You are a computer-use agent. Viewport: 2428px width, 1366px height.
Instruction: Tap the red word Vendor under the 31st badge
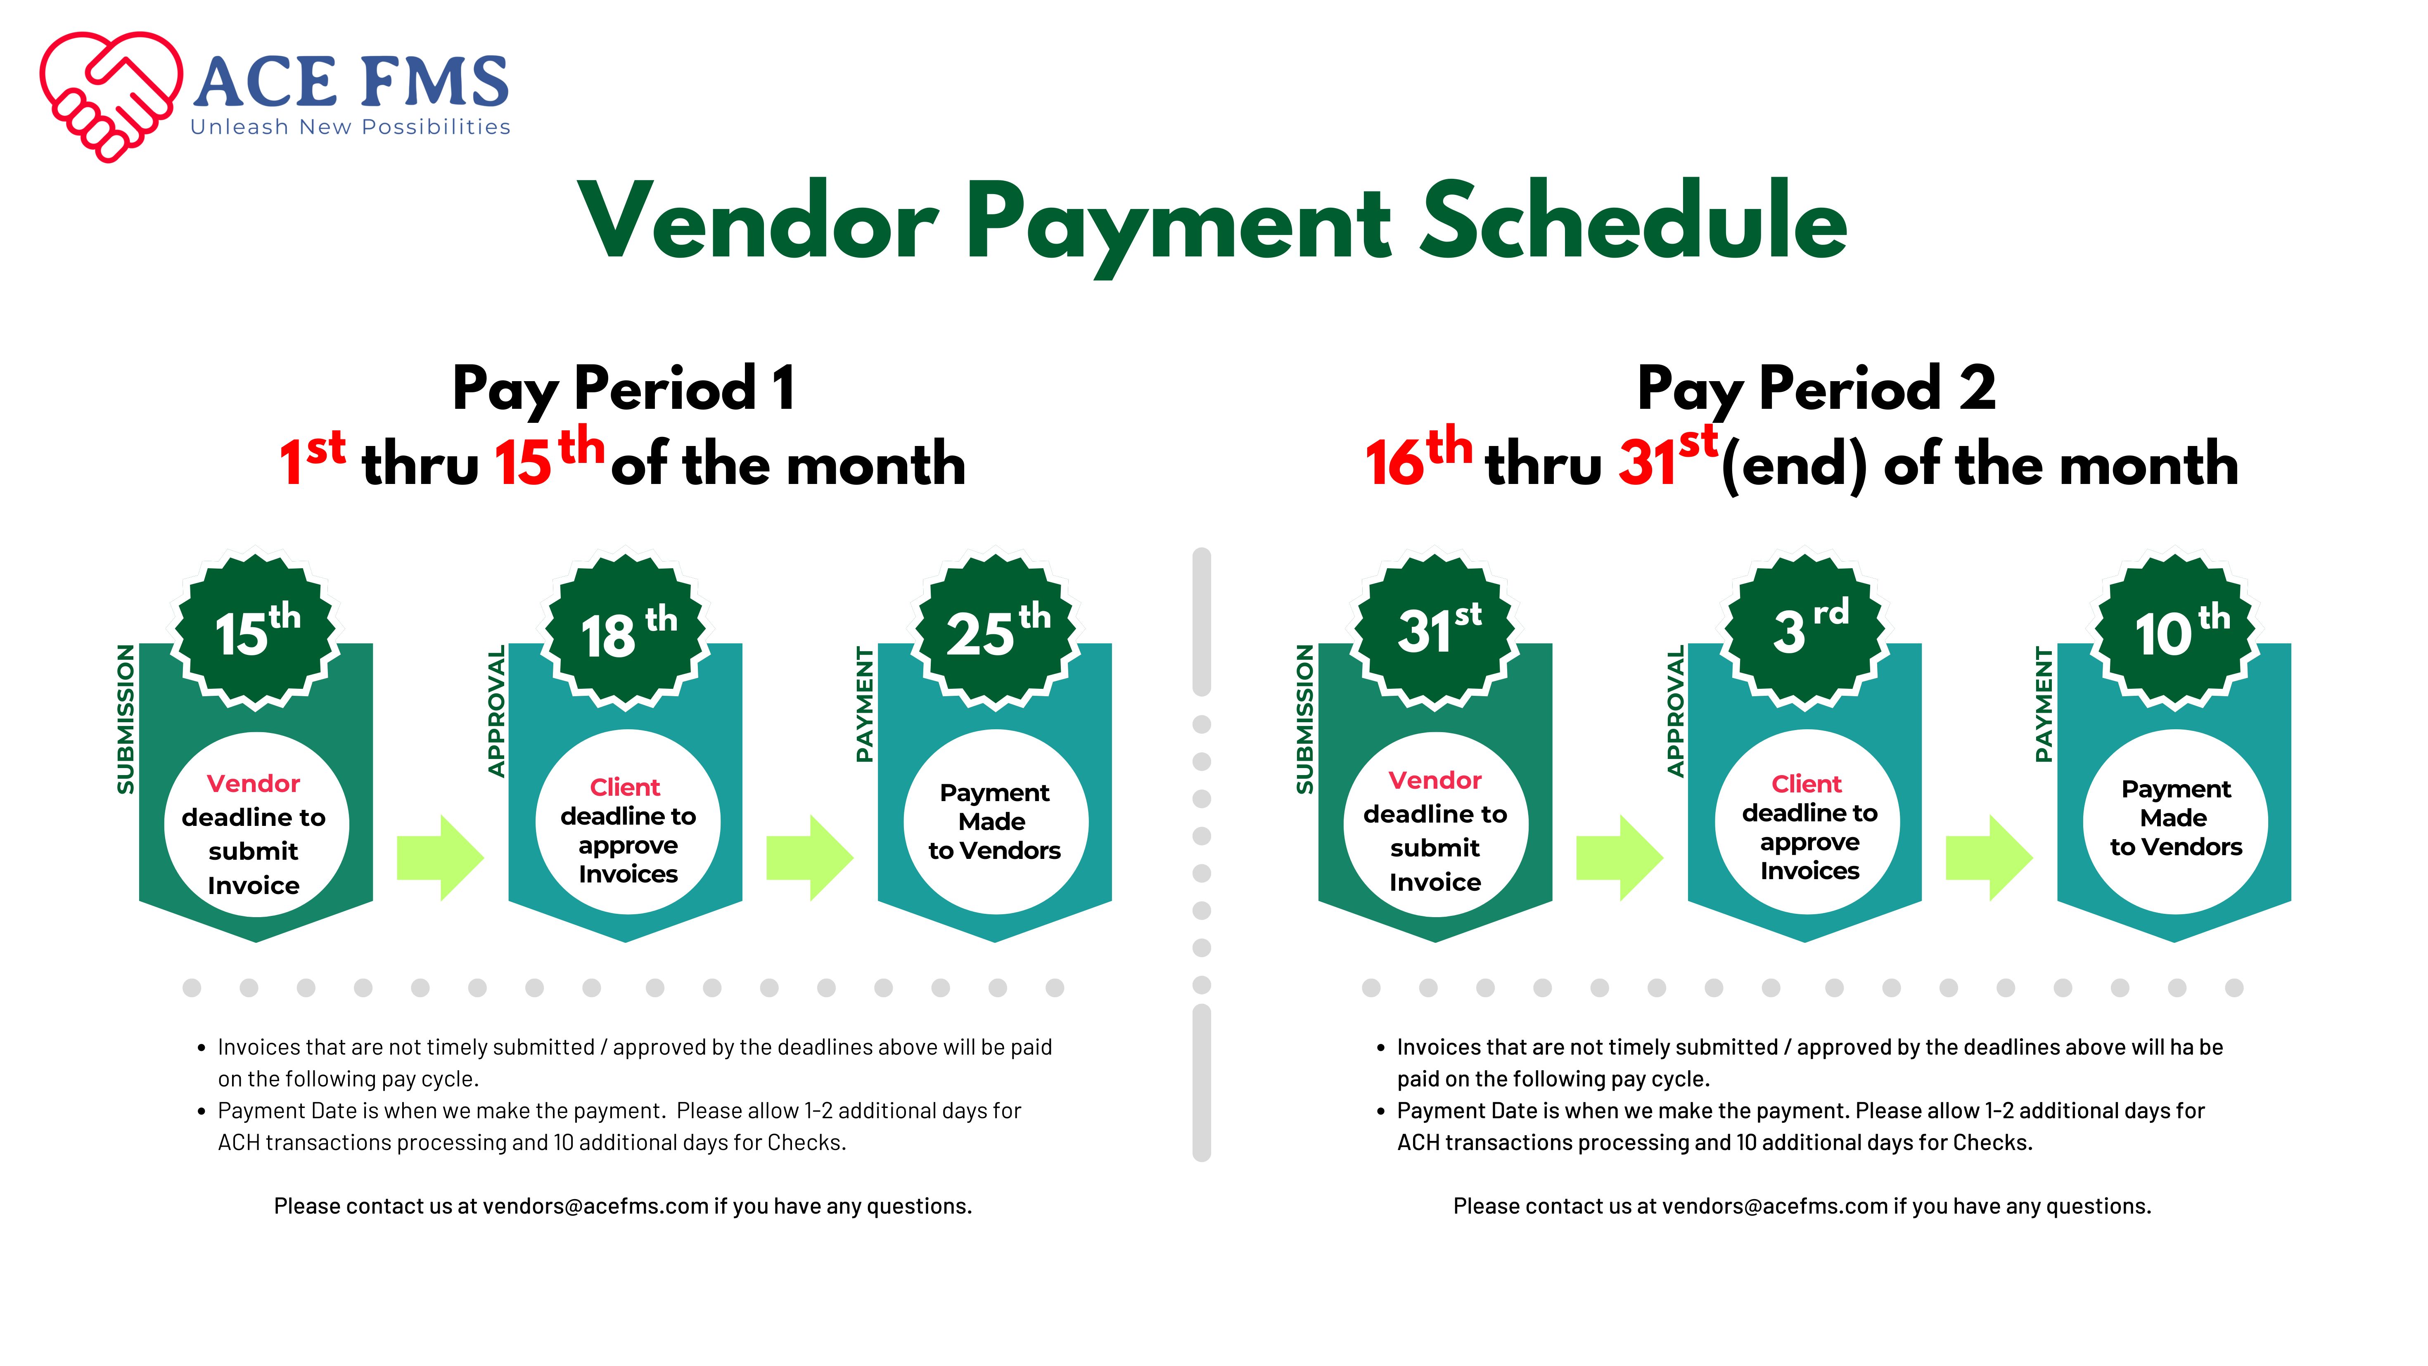[1435, 780]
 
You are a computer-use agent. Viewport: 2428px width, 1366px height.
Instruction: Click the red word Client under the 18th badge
[625, 787]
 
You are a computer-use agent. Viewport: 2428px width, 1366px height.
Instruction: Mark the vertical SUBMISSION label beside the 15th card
[126, 719]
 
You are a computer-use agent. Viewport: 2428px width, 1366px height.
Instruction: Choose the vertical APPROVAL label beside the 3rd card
[1675, 712]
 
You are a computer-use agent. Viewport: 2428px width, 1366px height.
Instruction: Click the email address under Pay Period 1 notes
[596, 1207]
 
